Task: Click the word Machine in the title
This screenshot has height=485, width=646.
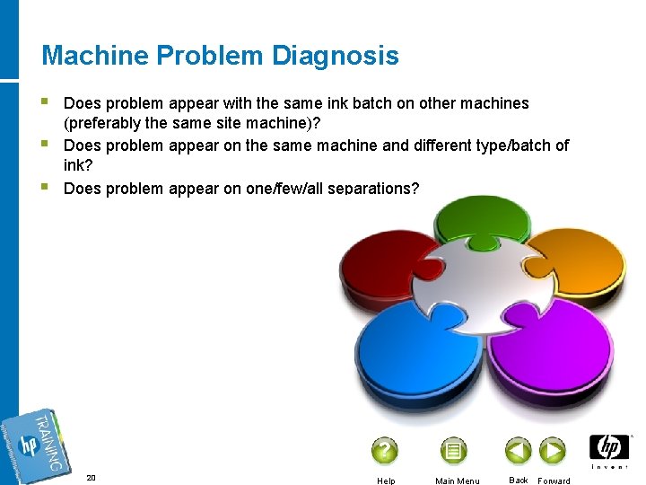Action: [x=95, y=56]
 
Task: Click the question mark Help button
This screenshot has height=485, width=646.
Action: [x=385, y=450]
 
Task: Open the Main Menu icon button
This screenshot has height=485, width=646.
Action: [x=454, y=450]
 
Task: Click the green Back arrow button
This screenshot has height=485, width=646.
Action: [x=518, y=450]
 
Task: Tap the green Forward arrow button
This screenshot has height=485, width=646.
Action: [x=552, y=450]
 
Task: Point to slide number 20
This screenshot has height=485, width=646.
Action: [x=91, y=478]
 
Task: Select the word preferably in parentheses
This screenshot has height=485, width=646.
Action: [x=106, y=124]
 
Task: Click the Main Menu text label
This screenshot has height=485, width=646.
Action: [x=457, y=481]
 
